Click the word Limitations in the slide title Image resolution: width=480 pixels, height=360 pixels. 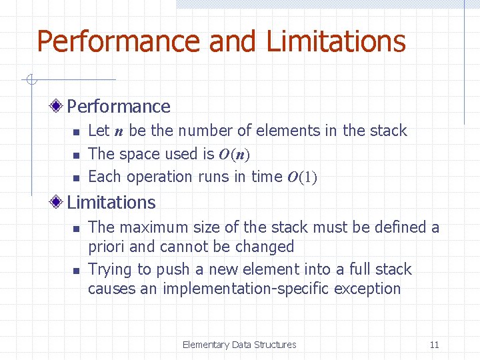click(335, 41)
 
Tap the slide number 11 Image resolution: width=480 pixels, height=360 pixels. click(434, 345)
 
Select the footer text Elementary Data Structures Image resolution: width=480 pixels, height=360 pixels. click(239, 345)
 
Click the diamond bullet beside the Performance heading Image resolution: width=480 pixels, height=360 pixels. click(58, 106)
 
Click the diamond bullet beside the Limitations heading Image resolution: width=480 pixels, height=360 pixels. click(58, 202)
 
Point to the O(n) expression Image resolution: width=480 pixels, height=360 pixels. click(233, 155)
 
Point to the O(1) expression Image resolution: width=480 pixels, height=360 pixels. click(302, 177)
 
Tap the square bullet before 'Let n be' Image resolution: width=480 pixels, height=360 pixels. click(76, 132)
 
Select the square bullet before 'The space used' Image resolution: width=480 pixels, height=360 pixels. click(76, 155)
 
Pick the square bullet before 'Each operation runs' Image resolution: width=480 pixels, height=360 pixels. click(76, 178)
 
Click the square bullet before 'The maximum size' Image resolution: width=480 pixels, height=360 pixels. click(76, 228)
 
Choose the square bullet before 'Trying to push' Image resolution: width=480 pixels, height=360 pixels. click(76, 271)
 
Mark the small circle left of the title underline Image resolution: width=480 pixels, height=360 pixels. click(30, 80)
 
